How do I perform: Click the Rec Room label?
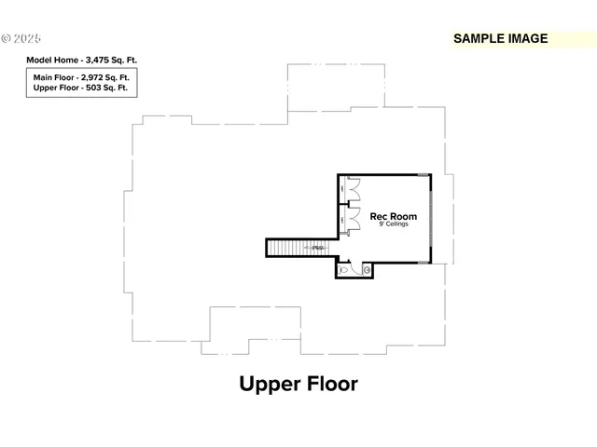393,216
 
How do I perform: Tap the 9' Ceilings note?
394,224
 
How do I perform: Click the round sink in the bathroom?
367,270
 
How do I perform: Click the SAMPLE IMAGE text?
499,39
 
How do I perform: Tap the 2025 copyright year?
27,39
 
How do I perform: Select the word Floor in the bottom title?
331,384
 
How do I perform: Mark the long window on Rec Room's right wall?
431,218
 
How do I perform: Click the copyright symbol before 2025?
6,39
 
